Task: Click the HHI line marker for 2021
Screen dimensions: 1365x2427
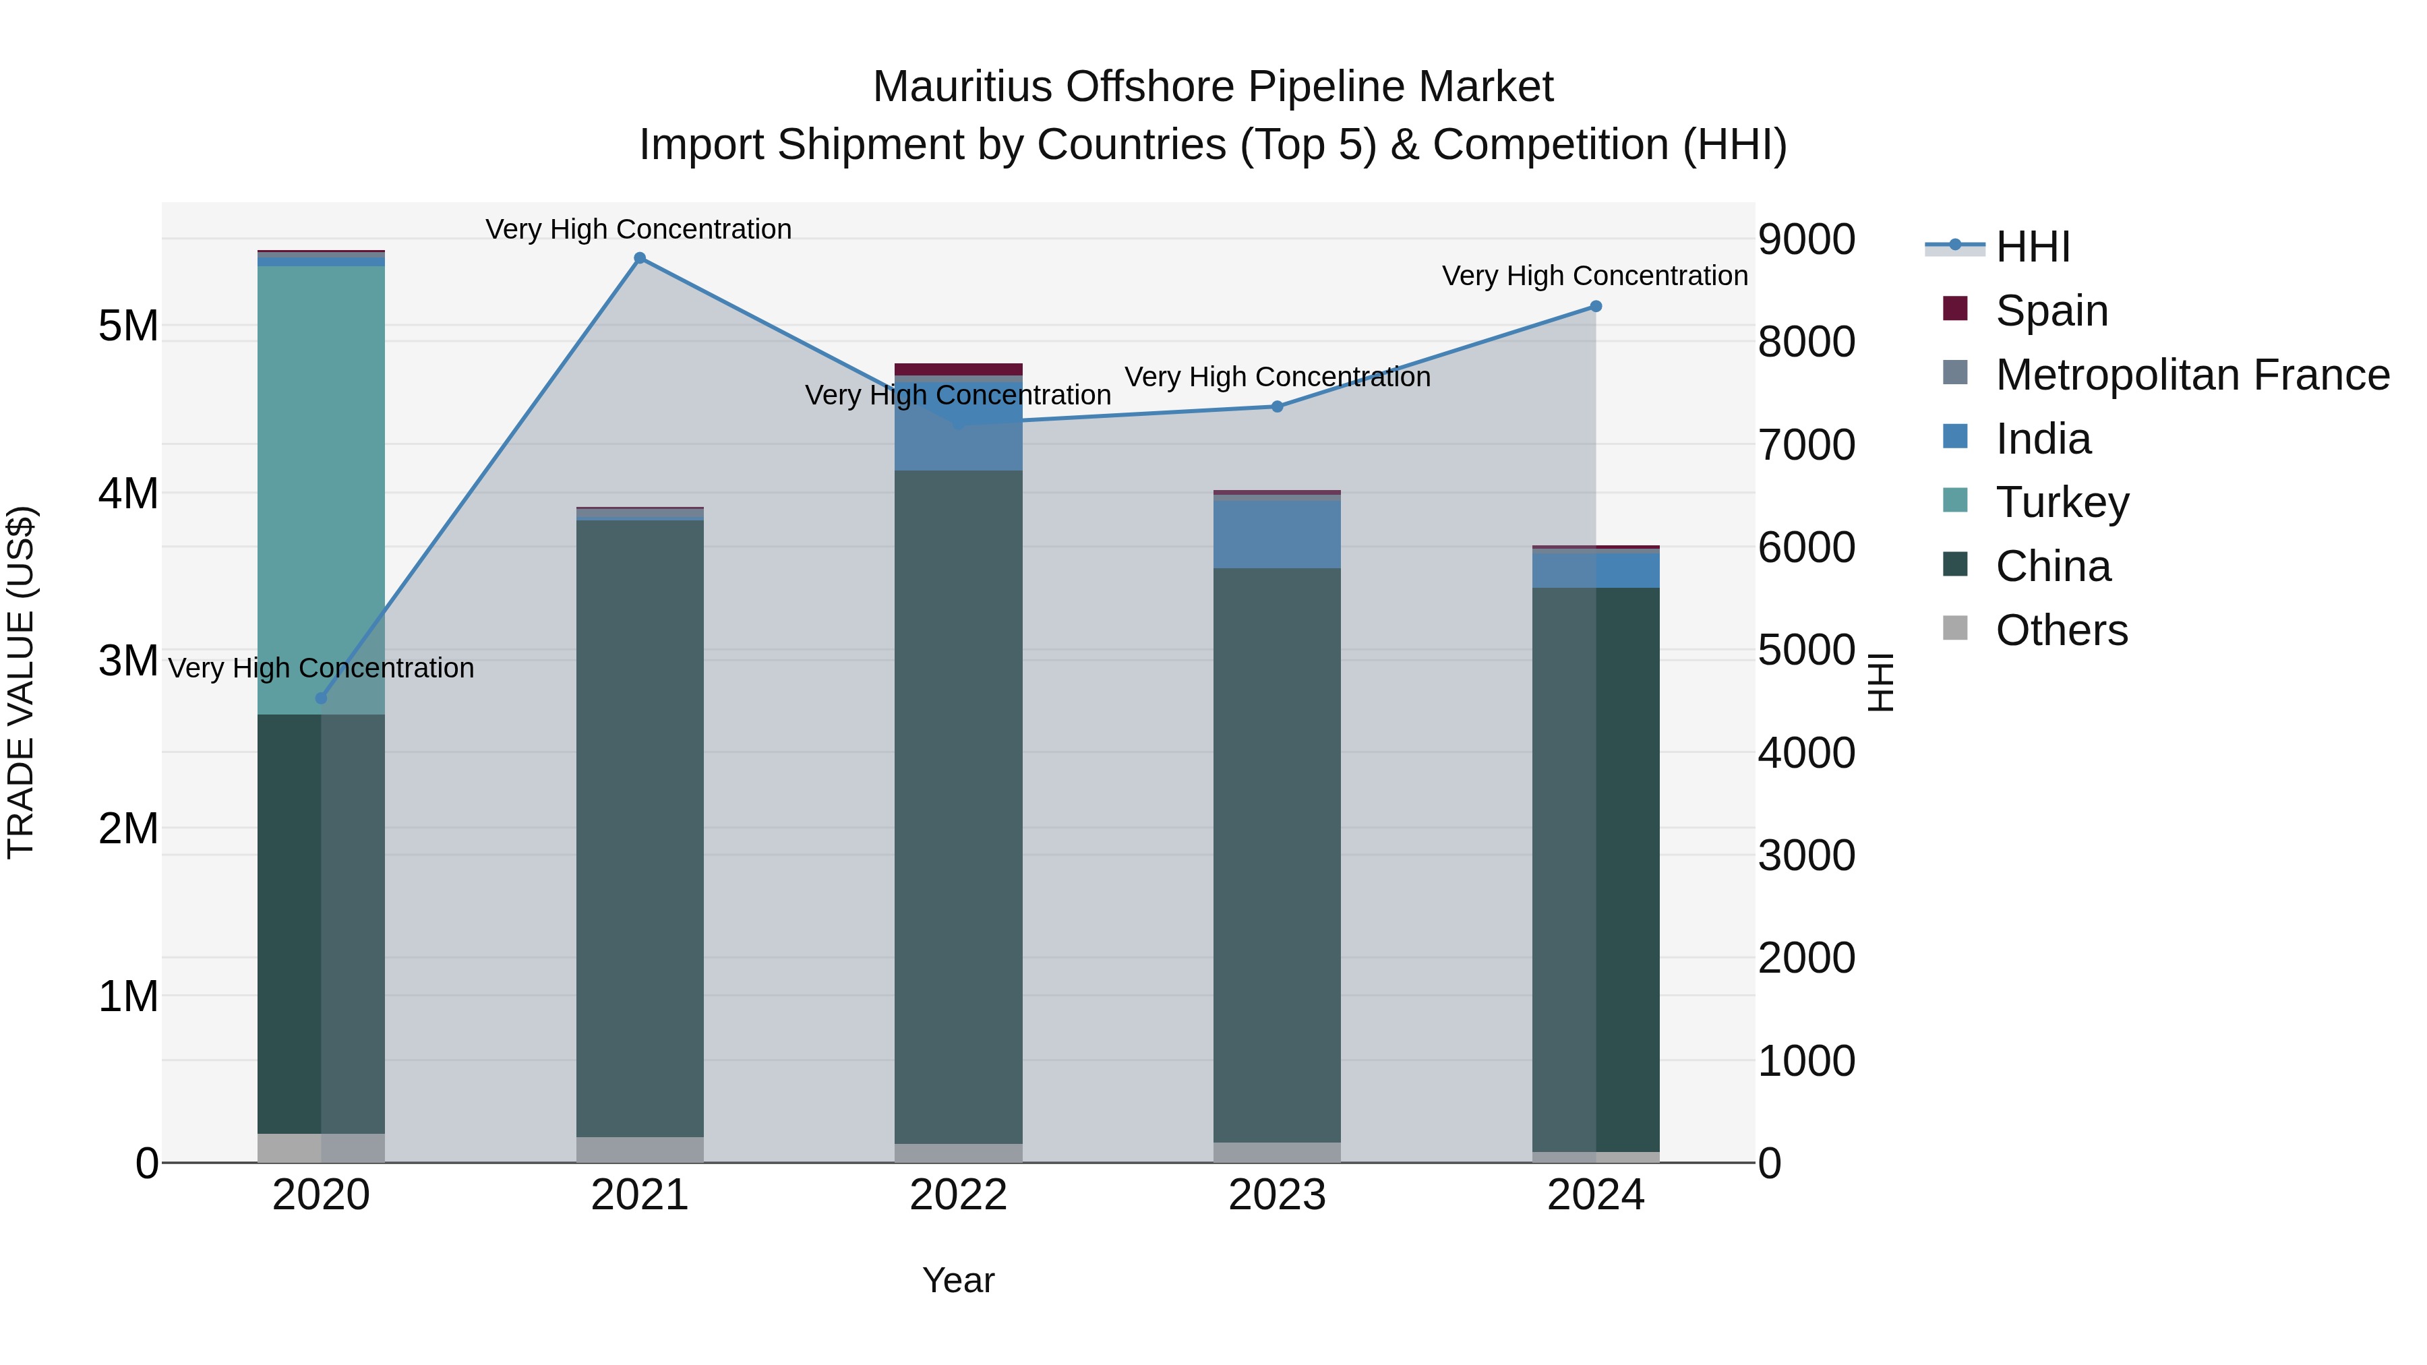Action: point(640,258)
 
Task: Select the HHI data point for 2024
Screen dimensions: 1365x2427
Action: point(1595,306)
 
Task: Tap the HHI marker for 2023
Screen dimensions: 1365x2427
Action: point(1277,407)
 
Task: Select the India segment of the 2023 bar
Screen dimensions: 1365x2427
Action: point(1277,533)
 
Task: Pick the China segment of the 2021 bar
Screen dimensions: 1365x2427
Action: point(640,829)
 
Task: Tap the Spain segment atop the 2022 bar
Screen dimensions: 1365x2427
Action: point(958,369)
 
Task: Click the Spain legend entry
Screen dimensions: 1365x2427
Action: point(2050,311)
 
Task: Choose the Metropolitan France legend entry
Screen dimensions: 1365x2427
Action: point(2192,375)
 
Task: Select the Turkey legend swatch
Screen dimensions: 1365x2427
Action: point(1955,501)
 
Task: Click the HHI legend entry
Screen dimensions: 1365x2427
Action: point(2032,247)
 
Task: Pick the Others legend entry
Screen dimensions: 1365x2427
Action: point(2060,630)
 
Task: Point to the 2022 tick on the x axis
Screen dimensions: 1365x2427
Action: point(958,1195)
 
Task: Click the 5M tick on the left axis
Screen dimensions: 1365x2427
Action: point(128,326)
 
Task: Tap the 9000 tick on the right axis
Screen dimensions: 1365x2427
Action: point(1806,239)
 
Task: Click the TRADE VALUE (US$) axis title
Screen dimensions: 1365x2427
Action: point(21,682)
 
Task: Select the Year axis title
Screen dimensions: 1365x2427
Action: point(958,1280)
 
